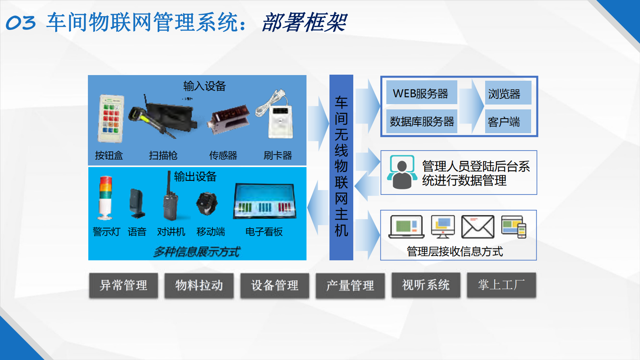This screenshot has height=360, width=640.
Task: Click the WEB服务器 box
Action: (x=421, y=93)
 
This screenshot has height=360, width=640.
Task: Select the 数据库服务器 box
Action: (x=421, y=121)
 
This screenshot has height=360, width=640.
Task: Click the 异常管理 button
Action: (x=123, y=285)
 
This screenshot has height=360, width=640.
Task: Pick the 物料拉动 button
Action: (x=199, y=285)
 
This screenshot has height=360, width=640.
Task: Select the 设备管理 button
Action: (x=275, y=285)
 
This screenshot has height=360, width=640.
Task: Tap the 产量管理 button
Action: (x=350, y=285)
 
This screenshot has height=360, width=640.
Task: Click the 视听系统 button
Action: (x=425, y=285)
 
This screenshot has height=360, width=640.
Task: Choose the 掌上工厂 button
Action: (x=501, y=285)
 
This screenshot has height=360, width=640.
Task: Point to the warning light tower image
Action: (x=106, y=198)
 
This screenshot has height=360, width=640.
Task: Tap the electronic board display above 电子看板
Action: (x=265, y=201)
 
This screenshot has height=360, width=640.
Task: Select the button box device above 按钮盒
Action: (x=111, y=119)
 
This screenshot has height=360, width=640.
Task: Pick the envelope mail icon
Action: (x=477, y=227)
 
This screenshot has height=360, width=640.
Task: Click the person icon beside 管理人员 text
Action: (x=402, y=172)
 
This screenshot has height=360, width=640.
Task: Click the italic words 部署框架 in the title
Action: (x=304, y=23)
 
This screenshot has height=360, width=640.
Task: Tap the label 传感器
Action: (x=223, y=155)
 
